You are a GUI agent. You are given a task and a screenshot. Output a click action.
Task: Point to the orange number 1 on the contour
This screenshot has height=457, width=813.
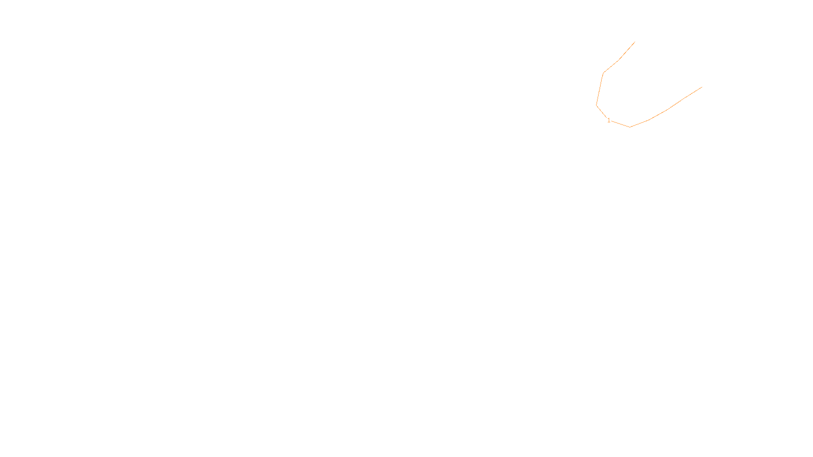(609, 120)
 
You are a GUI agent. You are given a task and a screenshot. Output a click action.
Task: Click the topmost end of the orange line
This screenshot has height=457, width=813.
(635, 42)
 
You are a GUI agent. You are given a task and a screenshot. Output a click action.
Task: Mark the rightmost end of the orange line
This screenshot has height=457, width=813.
(702, 87)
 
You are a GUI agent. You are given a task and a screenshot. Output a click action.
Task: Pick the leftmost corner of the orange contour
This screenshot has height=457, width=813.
(597, 105)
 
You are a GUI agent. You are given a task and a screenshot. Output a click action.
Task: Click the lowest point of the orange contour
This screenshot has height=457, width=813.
(630, 127)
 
